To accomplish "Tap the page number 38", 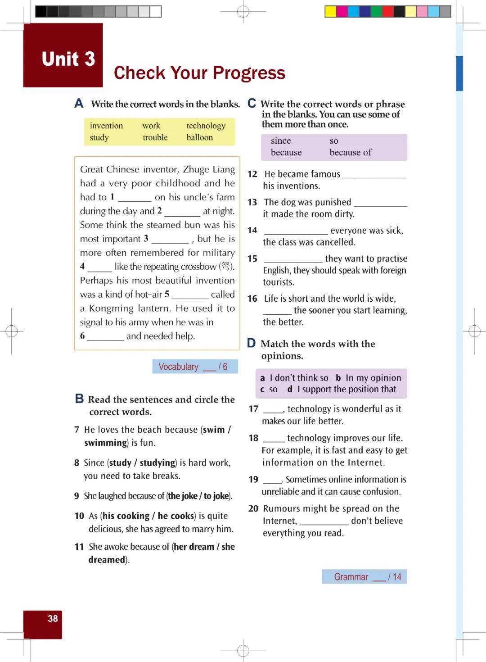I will point(53,619).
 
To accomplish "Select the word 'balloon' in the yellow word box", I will point(200,137).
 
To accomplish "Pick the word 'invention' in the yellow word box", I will point(106,126).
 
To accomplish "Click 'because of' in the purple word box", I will point(351,152).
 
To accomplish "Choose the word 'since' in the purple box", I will point(281,141).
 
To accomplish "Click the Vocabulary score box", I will point(195,367).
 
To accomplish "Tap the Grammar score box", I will point(364,577).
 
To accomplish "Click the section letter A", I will point(79,104).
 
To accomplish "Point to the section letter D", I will point(251,343).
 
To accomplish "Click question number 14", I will point(252,231).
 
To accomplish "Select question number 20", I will point(253,508).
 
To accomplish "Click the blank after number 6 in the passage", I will point(105,337).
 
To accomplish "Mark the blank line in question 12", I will point(374,175).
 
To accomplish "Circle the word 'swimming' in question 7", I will point(106,443).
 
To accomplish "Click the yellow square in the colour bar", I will point(331,11).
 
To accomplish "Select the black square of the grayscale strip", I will point(41,11).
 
